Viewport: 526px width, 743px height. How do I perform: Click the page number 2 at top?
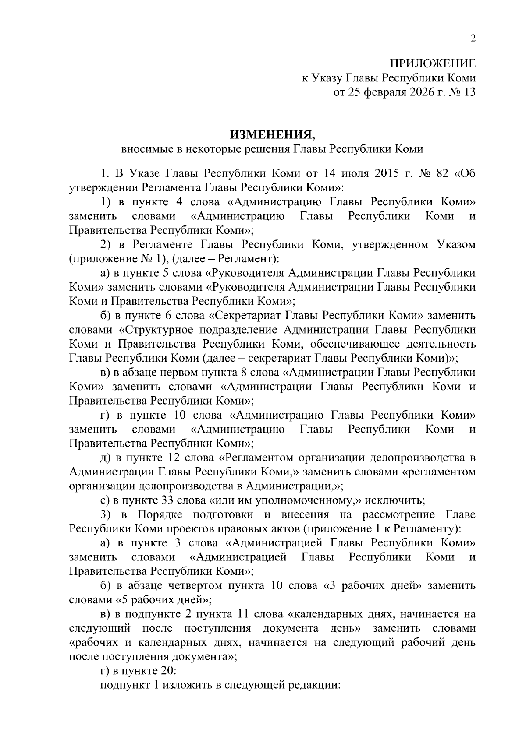(473, 39)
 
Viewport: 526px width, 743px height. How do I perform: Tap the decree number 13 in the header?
(468, 92)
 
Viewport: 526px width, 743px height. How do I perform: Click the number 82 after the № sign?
(444, 173)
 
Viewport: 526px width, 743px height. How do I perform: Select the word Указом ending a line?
(456, 244)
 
